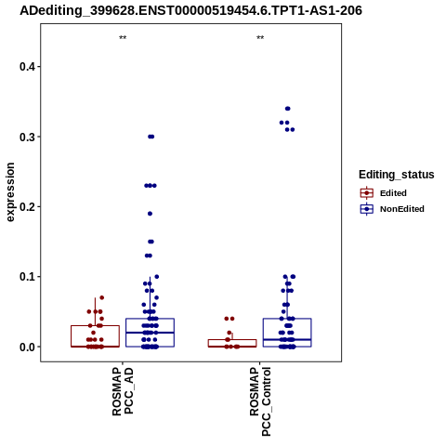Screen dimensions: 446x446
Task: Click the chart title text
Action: coord(190,11)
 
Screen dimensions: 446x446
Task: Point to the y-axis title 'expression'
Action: coord(10,192)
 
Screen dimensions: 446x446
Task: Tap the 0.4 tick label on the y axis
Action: coord(26,67)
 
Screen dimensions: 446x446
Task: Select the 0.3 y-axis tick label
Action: coord(26,137)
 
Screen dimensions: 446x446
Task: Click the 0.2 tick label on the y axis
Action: coord(26,206)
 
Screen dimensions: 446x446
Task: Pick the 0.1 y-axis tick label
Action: coord(26,277)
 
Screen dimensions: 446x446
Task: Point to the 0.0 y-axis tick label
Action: coord(26,347)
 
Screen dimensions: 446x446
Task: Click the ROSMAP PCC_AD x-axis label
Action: coord(123,391)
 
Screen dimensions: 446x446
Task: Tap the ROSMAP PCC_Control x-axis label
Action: coord(260,401)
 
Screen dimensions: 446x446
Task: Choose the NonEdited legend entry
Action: coord(392,209)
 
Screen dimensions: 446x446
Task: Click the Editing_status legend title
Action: coord(397,175)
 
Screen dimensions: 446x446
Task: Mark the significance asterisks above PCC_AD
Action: coord(123,38)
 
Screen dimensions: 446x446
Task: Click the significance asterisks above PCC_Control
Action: coord(260,38)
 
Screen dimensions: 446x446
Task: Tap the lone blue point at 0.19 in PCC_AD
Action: coord(150,214)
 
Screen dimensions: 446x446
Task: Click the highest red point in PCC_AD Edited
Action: coord(101,297)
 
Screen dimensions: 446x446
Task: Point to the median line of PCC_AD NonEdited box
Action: coord(150,333)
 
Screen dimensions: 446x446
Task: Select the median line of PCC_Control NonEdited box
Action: coord(287,340)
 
